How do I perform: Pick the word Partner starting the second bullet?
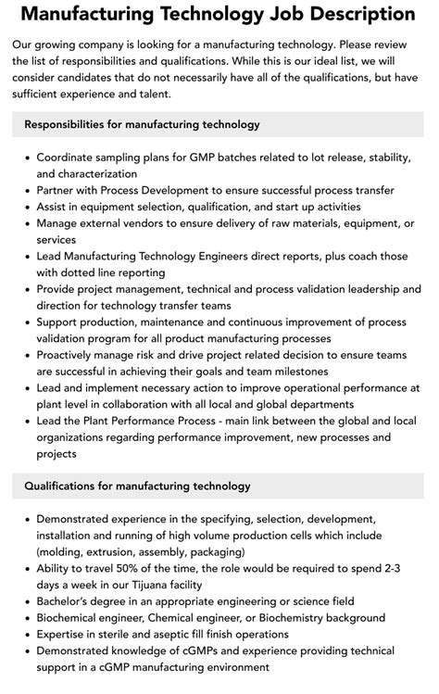point(59,190)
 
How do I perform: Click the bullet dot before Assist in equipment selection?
point(26,207)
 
